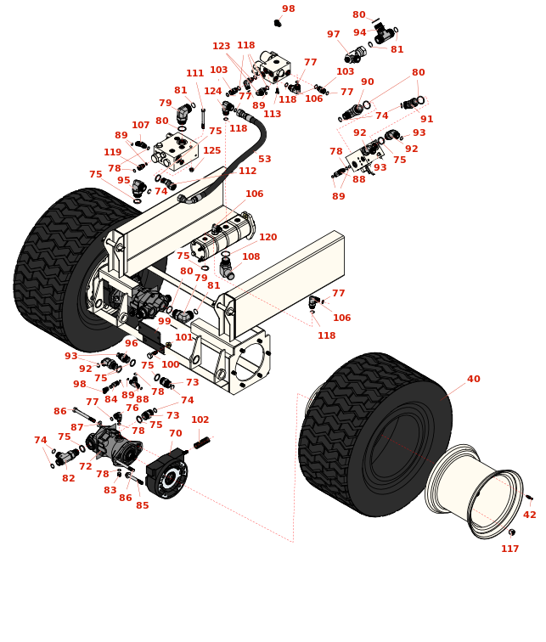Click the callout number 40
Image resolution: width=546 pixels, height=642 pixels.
click(x=474, y=379)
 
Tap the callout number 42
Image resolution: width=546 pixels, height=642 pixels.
click(x=530, y=515)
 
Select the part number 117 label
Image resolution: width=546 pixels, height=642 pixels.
click(x=510, y=549)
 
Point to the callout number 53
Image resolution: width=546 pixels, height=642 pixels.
click(x=265, y=159)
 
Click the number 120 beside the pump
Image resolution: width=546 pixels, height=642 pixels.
click(x=268, y=237)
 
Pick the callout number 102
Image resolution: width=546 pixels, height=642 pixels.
click(x=200, y=420)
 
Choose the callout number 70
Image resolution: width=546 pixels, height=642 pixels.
click(x=176, y=433)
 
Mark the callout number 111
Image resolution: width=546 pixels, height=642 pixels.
click(x=194, y=73)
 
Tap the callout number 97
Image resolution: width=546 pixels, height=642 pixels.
click(x=334, y=34)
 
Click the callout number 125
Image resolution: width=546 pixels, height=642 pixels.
click(x=212, y=150)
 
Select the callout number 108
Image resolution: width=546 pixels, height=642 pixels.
click(x=251, y=256)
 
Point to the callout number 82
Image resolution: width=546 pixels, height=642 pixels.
click(x=69, y=478)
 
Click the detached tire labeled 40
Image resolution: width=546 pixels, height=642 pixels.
click(x=375, y=435)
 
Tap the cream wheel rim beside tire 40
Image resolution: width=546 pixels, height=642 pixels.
click(x=475, y=491)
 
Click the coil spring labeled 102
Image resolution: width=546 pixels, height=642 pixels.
click(x=202, y=442)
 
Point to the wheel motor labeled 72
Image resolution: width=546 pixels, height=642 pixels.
click(x=114, y=446)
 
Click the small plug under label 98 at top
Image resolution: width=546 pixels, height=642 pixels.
click(x=278, y=23)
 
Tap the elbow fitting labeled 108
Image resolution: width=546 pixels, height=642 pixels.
click(x=227, y=268)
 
